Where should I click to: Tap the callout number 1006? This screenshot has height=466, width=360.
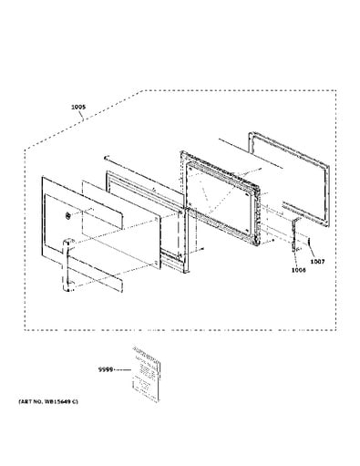(x=298, y=269)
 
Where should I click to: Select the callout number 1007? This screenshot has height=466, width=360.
(x=316, y=262)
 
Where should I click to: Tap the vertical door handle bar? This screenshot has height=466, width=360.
(x=68, y=264)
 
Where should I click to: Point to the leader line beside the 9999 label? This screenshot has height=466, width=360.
(x=123, y=368)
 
